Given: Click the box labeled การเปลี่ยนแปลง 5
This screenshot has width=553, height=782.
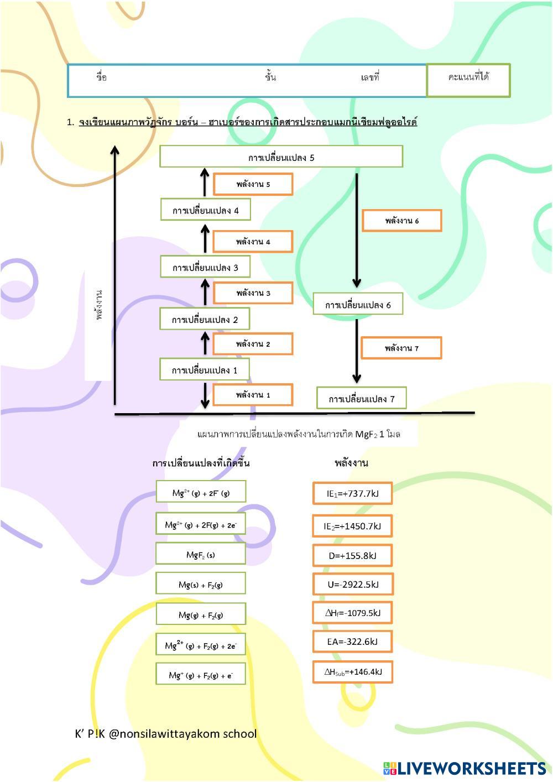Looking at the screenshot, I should pos(281,157).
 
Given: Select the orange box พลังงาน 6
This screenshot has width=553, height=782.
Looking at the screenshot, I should pos(401,221).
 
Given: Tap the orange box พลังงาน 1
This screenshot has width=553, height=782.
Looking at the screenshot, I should pos(253,395).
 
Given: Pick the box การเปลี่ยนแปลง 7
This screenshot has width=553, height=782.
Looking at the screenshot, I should pos(362,399).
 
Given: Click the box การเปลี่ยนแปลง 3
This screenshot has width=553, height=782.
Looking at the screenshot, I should pos(205,267).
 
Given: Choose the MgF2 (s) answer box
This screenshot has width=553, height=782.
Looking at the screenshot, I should pos(201,554).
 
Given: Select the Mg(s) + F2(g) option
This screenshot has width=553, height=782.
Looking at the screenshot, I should pos(201,584).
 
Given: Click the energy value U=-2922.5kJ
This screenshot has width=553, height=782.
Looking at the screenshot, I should pos(353,585).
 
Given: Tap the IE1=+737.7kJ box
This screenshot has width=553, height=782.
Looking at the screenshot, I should pos(353,493).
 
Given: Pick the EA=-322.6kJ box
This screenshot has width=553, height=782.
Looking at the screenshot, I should pos(353,642).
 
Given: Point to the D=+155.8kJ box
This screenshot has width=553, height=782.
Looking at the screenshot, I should pos(353,555).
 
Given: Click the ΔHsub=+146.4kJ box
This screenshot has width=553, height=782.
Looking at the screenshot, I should pos(353,672).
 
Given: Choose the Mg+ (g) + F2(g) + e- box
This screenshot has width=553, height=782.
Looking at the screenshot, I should pos(201,675).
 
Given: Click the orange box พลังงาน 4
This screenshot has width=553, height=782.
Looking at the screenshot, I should pos(253,242).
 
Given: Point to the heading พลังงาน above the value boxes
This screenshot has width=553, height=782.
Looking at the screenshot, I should pos(351,463).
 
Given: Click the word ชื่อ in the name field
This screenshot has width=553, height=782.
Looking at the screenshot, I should pos(101,77).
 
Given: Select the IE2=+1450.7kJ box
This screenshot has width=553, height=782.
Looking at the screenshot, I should pos(353,526).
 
